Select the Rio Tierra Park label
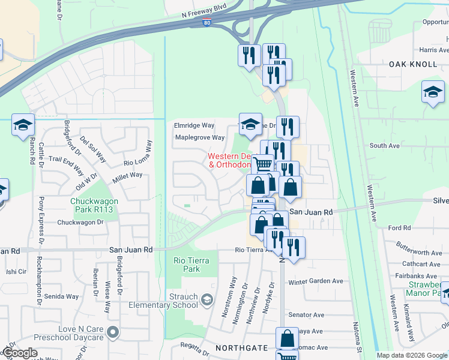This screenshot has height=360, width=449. [x=186, y=265]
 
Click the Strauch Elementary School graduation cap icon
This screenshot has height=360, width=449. [x=206, y=299]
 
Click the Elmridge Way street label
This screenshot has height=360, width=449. [x=194, y=125]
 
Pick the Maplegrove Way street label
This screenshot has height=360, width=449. [x=199, y=137]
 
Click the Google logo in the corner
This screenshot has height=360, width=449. [x=20, y=353]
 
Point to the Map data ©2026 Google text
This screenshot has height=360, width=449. [x=412, y=355]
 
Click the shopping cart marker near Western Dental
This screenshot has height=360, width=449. [x=262, y=163]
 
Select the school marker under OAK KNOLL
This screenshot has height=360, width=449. [x=433, y=92]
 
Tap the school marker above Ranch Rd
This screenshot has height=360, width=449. [x=23, y=124]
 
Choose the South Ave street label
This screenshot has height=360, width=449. [x=384, y=146]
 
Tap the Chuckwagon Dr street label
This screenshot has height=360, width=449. [x=80, y=223]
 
